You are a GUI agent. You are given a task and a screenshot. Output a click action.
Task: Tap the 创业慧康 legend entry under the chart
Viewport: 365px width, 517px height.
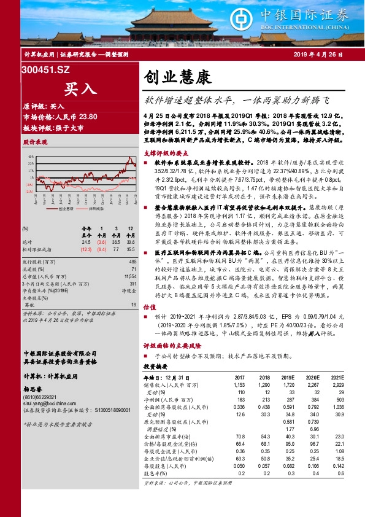click(64, 209)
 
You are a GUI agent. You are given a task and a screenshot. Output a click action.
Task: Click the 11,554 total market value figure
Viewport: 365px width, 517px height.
click(130, 277)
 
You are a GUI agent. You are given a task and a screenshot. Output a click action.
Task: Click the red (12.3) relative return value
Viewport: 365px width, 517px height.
click(86, 250)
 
